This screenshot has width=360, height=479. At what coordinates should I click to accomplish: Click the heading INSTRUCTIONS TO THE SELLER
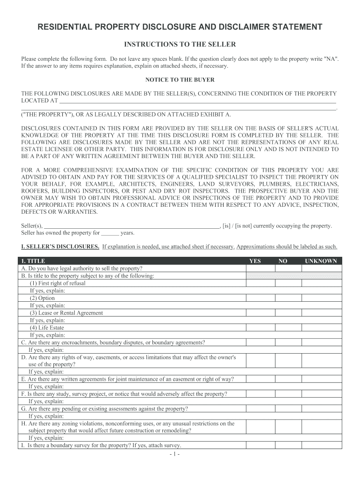click(x=180, y=44)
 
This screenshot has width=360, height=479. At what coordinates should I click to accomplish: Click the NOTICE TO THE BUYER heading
click(x=180, y=80)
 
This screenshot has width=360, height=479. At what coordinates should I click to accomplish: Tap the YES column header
click(x=255, y=261)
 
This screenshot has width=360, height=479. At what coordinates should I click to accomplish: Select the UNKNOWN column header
click(x=321, y=261)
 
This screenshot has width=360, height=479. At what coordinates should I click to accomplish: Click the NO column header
click(x=283, y=261)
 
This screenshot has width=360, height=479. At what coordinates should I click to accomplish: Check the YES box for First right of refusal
click(x=260, y=283)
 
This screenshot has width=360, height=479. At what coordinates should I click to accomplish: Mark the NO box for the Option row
click(x=288, y=298)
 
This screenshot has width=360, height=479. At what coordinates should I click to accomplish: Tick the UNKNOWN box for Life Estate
click(x=321, y=327)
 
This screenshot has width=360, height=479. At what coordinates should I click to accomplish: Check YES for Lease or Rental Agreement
click(x=260, y=313)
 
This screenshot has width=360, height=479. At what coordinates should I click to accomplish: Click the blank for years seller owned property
click(x=110, y=232)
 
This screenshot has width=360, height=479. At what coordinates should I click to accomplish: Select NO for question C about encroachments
click(x=288, y=342)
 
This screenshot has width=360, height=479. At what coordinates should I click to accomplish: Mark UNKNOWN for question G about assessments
click(x=321, y=408)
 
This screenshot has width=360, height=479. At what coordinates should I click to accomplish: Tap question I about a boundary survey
click(x=100, y=445)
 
